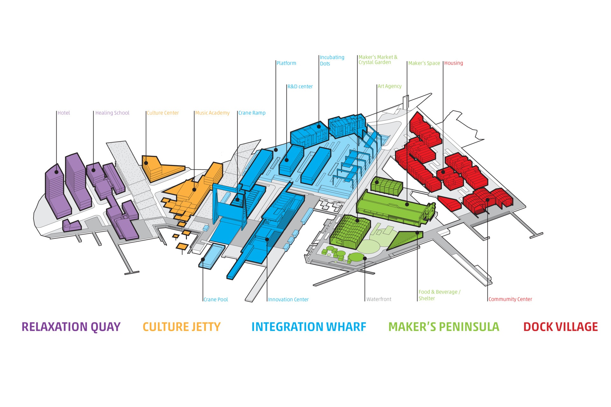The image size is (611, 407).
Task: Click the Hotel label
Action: point(64,113)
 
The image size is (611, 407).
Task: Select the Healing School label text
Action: point(112,113)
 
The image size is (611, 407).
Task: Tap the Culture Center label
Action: point(163,113)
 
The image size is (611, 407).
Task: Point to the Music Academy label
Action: point(212,113)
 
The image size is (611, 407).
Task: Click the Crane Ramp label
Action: point(252,113)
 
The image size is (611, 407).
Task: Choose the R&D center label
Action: point(300,86)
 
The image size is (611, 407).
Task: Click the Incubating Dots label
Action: point(332,60)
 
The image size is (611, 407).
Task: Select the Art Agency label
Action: point(390,86)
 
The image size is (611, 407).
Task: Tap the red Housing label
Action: point(453,63)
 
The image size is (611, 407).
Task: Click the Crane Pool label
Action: point(216,299)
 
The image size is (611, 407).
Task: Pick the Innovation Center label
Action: point(288,299)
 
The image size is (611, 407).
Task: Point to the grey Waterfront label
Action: point(379,299)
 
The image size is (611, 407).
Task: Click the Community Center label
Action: point(510,299)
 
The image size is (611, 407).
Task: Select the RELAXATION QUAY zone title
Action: point(71,327)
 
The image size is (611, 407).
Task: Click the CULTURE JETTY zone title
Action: point(181,327)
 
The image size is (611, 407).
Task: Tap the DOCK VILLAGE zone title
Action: point(560,327)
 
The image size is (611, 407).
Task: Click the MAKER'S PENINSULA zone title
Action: point(444,327)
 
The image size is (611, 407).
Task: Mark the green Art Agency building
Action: point(386,185)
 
